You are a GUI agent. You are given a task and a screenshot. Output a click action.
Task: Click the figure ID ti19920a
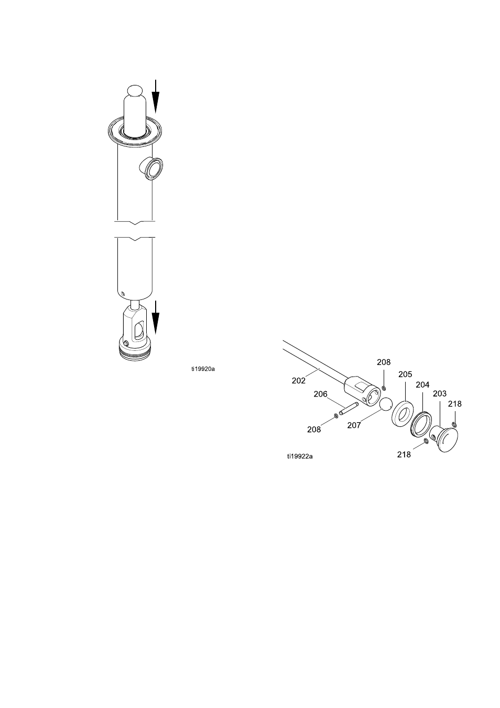coord(203,369)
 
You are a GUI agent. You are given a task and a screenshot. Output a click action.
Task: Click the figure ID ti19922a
coord(300,456)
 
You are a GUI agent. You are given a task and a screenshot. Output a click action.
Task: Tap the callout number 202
coord(299,381)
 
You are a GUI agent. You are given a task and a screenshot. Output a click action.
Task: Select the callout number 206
coord(320,394)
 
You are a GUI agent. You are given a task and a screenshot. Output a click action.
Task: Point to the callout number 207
coord(354,425)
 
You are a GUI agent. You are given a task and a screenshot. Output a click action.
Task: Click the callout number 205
coord(405,374)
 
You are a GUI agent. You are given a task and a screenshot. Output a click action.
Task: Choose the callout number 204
coord(422,384)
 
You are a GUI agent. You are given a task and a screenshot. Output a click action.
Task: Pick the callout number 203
coord(440,393)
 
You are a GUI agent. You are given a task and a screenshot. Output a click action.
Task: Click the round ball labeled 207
coord(386,404)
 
